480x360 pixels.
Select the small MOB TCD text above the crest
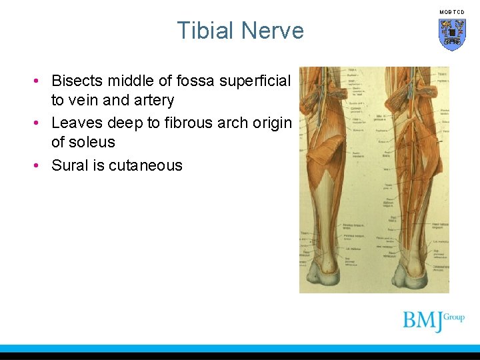[x=452, y=12]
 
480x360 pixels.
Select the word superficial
[x=256, y=81]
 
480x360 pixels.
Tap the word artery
[x=153, y=101]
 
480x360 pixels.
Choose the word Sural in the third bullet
[x=70, y=165]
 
